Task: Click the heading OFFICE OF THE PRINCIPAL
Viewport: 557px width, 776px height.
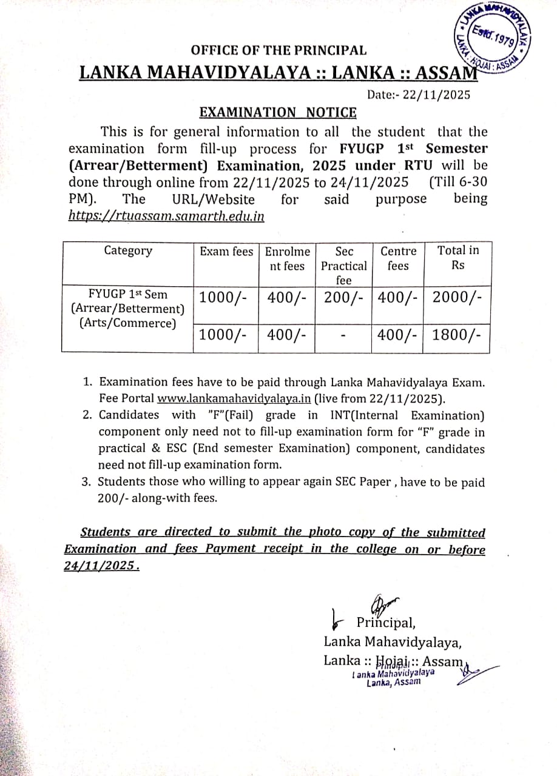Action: point(278,50)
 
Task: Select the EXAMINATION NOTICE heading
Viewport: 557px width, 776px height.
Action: point(278,112)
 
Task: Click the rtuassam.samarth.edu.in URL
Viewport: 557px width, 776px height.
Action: point(166,216)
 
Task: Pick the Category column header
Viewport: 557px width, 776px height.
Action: point(128,251)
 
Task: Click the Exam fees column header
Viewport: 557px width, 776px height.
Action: point(226,251)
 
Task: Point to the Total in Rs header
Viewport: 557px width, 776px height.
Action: point(457,258)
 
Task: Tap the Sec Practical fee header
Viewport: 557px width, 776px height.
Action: point(343,265)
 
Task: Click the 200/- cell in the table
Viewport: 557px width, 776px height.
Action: point(343,298)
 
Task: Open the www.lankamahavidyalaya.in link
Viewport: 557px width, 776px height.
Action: point(234,399)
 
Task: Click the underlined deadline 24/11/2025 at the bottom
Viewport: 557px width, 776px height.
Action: point(100,566)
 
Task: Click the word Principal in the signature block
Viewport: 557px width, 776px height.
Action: point(385,623)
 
